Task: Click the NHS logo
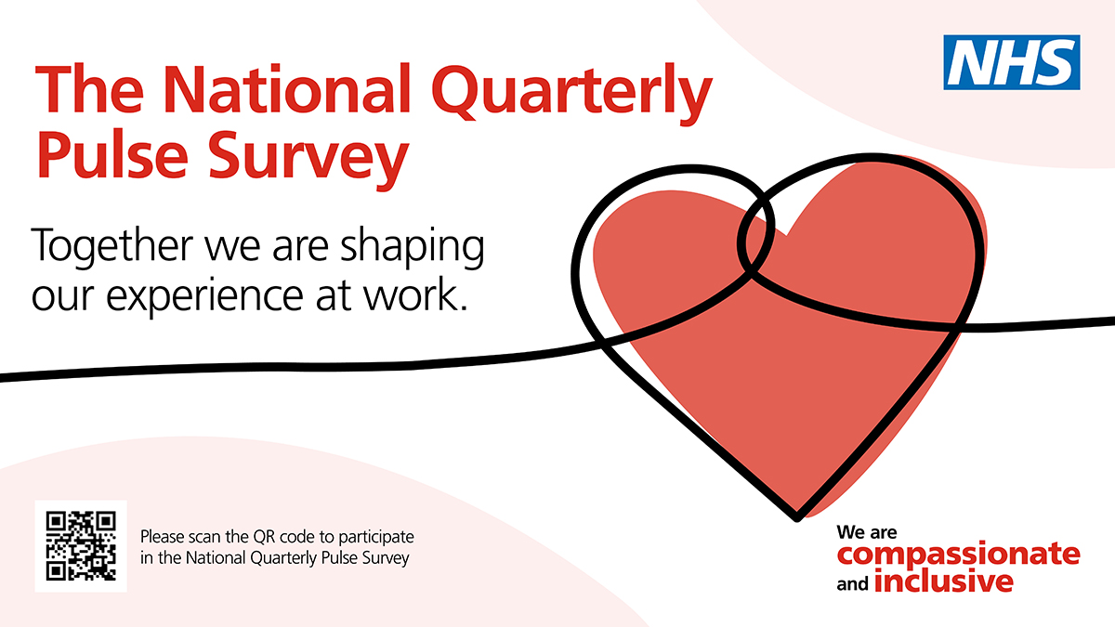(x=1012, y=62)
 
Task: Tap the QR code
(x=81, y=546)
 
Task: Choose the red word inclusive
(x=944, y=581)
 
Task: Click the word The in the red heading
(x=89, y=88)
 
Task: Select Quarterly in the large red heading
(x=572, y=95)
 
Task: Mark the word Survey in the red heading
(x=308, y=159)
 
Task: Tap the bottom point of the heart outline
(x=796, y=520)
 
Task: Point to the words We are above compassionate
(x=867, y=532)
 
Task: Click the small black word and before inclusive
(x=853, y=583)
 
